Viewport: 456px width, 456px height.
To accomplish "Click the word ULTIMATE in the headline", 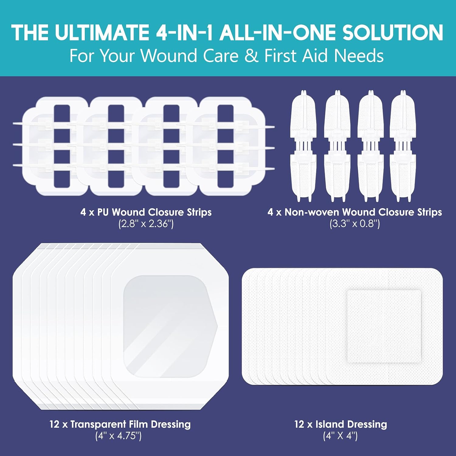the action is tap(102, 33).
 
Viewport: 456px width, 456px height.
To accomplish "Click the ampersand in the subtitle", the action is tap(251, 56).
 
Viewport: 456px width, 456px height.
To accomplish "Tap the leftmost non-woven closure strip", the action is tap(303, 146).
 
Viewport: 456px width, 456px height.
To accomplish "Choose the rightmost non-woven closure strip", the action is tap(402, 146).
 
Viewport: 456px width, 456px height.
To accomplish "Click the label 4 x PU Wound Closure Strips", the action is tap(146, 212).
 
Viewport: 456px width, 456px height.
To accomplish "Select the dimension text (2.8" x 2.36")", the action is tap(146, 224).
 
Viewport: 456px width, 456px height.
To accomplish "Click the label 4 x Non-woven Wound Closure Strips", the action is tap(355, 212).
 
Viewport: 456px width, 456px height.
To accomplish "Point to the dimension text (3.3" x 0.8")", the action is tap(355, 224).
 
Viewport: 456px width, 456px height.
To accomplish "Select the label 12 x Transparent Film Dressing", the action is tap(120, 424).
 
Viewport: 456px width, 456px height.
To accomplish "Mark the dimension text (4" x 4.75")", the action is tap(119, 436).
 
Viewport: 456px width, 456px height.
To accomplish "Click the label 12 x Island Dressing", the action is tap(340, 424).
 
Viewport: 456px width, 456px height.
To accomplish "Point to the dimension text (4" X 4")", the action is tap(340, 436).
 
